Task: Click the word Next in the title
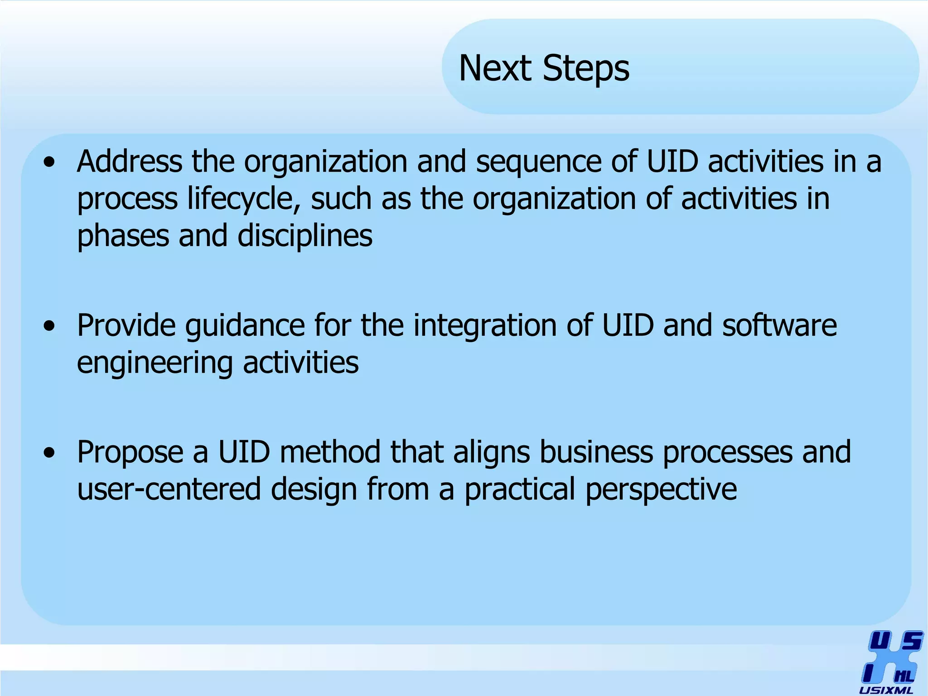pos(495,68)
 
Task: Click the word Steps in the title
pos(586,68)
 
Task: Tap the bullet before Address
pos(49,162)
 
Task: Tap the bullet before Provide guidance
pos(49,326)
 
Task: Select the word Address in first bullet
pos(130,162)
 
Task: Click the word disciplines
pos(304,237)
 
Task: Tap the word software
pos(779,326)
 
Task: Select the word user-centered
pos(169,490)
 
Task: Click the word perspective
pos(661,491)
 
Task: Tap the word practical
pos(519,491)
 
